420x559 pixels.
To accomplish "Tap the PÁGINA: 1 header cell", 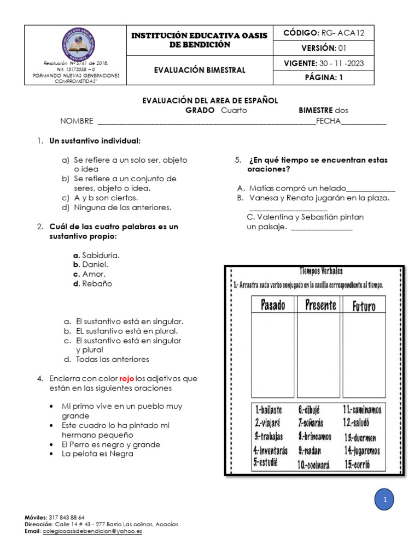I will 324,78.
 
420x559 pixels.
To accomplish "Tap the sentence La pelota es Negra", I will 97,454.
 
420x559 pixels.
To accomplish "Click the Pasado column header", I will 273,305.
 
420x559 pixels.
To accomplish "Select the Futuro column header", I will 364,305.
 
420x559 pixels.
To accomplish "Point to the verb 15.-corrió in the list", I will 357,465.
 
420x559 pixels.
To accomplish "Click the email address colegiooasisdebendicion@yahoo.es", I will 92,531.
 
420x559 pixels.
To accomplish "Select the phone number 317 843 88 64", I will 67,517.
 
